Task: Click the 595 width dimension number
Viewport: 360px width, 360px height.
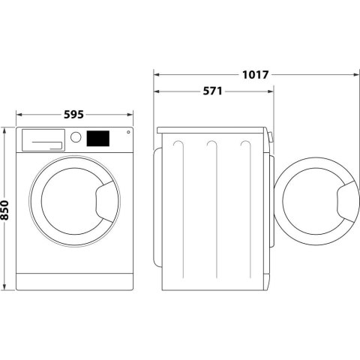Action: [73, 115]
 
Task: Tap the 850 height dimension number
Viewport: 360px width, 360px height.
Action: [7, 209]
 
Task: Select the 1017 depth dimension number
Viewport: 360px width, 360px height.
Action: [256, 74]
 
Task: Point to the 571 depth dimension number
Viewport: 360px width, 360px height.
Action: [212, 91]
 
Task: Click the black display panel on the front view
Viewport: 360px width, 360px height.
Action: [98, 139]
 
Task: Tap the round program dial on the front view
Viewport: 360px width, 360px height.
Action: [76, 138]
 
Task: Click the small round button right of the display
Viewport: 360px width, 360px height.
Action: [127, 133]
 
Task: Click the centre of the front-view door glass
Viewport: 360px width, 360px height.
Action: [67, 202]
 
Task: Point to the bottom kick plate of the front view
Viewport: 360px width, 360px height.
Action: [75, 282]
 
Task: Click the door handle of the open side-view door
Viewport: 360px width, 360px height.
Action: [346, 202]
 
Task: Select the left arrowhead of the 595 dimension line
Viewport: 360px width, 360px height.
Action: [19, 115]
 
